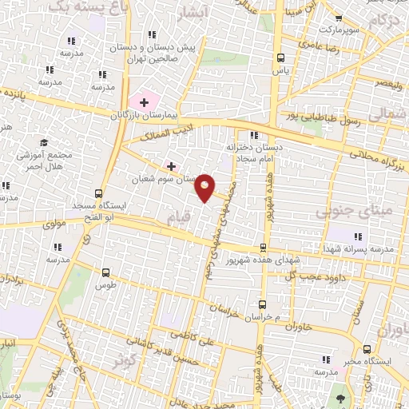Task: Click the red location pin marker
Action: (x=205, y=187)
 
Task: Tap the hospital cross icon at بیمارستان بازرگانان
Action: (x=144, y=101)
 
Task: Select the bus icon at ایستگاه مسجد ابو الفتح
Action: (x=98, y=193)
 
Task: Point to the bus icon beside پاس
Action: (x=280, y=58)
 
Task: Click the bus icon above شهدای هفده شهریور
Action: (x=264, y=247)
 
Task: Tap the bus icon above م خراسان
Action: (x=263, y=304)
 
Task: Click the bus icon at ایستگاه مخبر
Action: (x=367, y=348)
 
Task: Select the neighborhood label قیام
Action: (x=179, y=216)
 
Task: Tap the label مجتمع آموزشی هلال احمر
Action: (x=54, y=158)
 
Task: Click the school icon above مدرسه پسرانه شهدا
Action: (x=357, y=236)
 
